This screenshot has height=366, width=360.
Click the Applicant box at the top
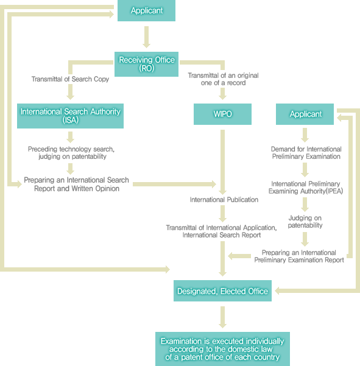click(146, 10)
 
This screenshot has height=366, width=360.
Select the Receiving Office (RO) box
click(146, 64)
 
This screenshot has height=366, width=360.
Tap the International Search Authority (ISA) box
click(70, 116)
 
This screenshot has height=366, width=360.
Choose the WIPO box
click(222, 114)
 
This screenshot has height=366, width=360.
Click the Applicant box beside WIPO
click(305, 114)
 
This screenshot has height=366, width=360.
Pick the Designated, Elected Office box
click(222, 291)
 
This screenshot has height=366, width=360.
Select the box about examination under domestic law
click(222, 349)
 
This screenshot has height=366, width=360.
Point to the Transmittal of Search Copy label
click(70, 79)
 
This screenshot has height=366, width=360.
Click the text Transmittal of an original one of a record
click(223, 79)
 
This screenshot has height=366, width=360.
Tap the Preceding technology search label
click(71, 153)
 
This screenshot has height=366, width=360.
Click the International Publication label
click(224, 200)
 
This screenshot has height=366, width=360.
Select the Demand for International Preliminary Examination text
click(306, 153)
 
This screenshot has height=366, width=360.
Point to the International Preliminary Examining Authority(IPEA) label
click(306, 188)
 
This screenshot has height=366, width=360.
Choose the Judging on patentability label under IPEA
click(305, 222)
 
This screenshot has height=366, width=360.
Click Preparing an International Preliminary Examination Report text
click(299, 256)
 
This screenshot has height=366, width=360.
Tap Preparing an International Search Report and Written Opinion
click(76, 184)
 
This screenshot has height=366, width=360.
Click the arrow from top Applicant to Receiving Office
click(146, 37)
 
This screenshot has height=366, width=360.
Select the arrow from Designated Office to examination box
click(222, 317)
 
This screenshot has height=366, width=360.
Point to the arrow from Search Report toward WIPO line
click(174, 184)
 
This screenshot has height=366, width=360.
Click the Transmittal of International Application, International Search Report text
click(221, 231)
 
